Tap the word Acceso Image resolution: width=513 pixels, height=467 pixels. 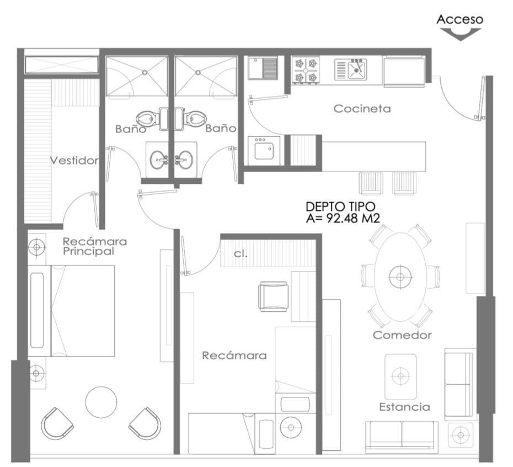click(x=459, y=19)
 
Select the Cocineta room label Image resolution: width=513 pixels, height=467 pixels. click(x=362, y=108)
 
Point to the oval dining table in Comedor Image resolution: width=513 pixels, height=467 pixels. click(x=400, y=277)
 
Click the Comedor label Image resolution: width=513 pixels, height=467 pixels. click(x=402, y=335)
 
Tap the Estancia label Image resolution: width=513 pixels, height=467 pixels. click(x=404, y=407)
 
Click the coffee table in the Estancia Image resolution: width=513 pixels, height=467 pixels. click(x=400, y=376)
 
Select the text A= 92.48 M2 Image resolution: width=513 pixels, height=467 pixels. click(x=343, y=218)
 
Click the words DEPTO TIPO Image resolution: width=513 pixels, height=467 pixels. click(x=340, y=206)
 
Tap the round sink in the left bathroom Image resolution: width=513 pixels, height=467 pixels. click(x=159, y=160)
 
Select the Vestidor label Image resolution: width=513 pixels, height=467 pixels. click(x=74, y=161)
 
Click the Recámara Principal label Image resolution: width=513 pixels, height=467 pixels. click(x=95, y=246)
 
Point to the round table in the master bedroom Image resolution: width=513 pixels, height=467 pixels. click(x=101, y=402)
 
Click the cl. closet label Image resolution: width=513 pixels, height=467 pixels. click(x=241, y=254)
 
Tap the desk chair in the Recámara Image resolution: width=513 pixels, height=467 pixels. click(x=274, y=296)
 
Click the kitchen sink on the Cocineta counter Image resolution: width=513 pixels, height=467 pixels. click(x=351, y=69)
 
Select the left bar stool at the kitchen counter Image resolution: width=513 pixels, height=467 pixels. click(x=371, y=183)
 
